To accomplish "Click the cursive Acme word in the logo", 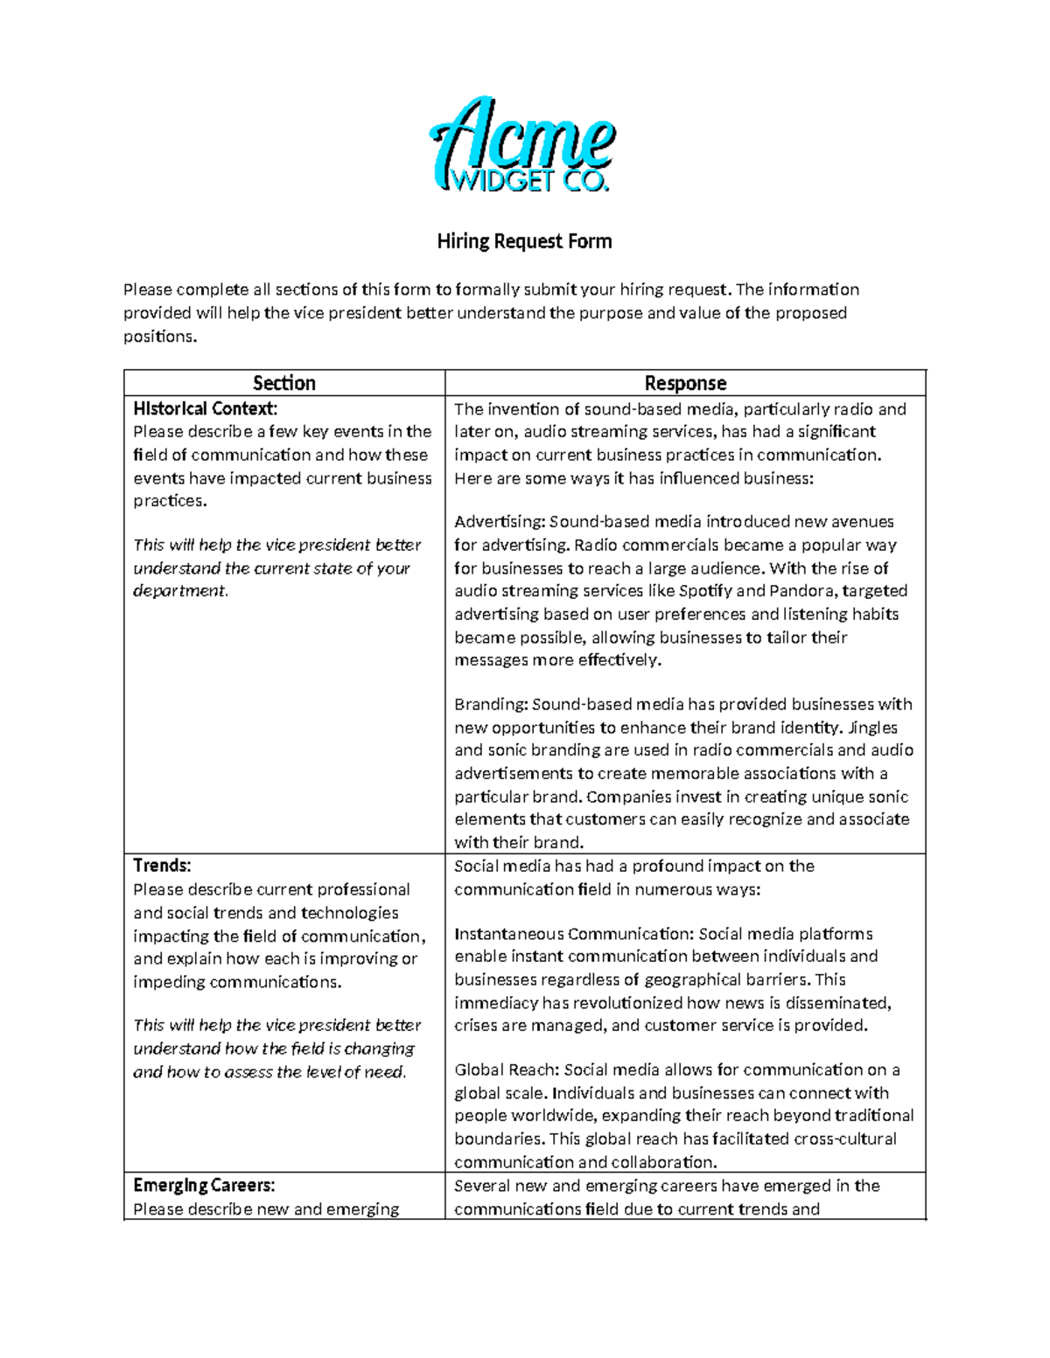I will tap(522, 136).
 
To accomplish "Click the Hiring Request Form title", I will tap(524, 241).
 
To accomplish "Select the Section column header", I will tap(283, 383).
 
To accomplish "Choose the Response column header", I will tap(685, 383).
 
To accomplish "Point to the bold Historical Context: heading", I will tap(205, 408).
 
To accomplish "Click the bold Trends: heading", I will tap(162, 866).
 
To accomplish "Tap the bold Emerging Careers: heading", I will tap(204, 1186).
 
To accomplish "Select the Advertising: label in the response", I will tap(500, 522).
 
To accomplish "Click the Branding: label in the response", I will tap(491, 705).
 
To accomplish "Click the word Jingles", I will tap(872, 728).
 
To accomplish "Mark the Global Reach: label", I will tap(507, 1069).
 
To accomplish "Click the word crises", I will tap(475, 1026).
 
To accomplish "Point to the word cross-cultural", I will tap(844, 1139).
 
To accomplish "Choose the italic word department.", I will tap(179, 591).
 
